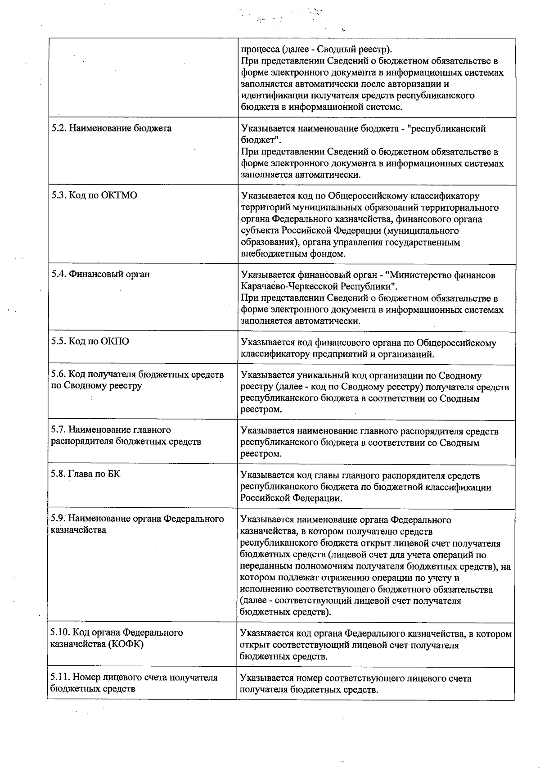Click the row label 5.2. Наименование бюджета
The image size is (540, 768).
(x=111, y=128)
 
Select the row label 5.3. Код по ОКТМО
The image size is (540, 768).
(x=94, y=195)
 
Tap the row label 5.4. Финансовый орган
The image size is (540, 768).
(x=100, y=274)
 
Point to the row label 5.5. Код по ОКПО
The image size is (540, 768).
(x=90, y=341)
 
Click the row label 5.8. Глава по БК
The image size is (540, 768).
(x=85, y=474)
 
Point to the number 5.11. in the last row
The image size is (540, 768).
(x=60, y=678)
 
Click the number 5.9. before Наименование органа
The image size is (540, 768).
(x=58, y=519)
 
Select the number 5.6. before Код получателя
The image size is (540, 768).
(x=58, y=375)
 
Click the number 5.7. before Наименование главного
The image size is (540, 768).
(x=58, y=430)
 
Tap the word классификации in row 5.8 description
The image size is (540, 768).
(x=462, y=487)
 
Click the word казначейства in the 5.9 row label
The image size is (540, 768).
(x=78, y=530)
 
